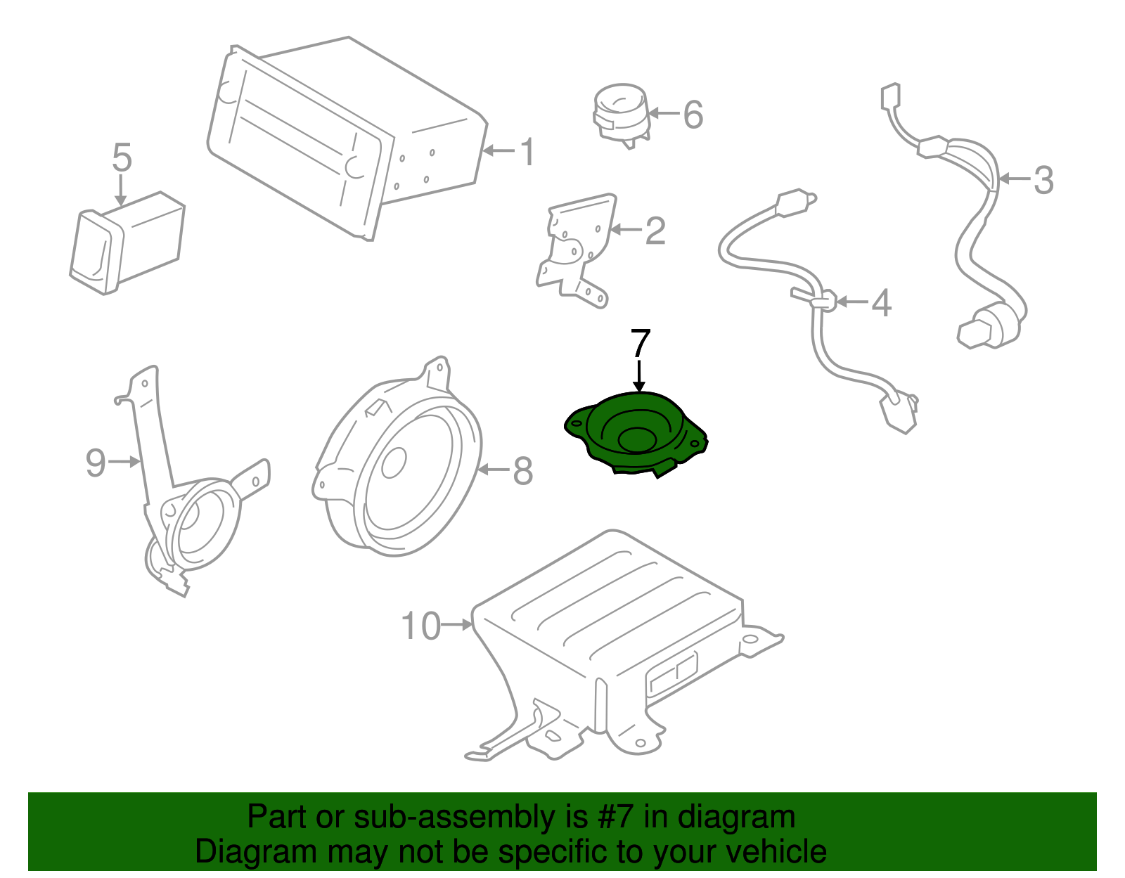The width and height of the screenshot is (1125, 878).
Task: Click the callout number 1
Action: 527,152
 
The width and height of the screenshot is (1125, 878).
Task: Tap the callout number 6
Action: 693,115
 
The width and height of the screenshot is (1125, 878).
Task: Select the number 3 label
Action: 1043,180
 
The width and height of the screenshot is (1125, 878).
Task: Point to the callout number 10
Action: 421,626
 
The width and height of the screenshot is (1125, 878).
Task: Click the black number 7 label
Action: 641,343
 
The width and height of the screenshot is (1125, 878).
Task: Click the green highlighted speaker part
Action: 636,434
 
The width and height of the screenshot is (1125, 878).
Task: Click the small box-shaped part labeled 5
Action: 127,243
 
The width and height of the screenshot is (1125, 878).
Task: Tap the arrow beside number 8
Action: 494,470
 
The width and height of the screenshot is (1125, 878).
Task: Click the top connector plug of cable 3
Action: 890,96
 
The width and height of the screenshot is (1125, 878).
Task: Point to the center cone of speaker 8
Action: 394,462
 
